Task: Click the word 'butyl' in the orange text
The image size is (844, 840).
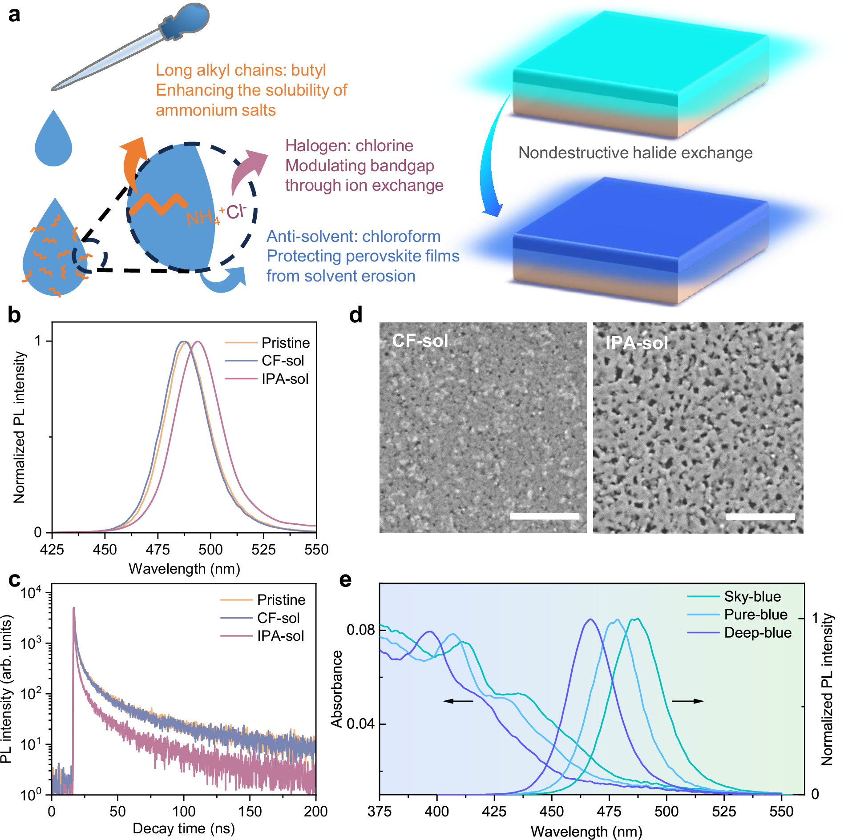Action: click(308, 70)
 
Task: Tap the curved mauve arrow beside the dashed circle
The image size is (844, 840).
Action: click(247, 171)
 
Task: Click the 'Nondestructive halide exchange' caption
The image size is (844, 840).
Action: click(635, 153)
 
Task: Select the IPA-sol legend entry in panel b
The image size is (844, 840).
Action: click(285, 379)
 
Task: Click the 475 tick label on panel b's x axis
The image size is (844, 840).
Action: click(157, 550)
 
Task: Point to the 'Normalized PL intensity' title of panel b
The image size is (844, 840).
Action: click(19, 427)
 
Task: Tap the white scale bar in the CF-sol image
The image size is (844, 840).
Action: click(544, 516)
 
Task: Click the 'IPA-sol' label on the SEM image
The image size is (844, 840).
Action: click(636, 343)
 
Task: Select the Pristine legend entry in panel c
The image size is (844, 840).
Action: click(281, 600)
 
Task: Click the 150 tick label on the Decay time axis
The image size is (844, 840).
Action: click(250, 812)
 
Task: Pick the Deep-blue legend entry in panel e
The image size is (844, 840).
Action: click(757, 633)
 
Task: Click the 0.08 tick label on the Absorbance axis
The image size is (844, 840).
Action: click(360, 630)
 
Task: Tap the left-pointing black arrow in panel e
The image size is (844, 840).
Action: click(458, 701)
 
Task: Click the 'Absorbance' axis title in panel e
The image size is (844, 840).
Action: click(337, 689)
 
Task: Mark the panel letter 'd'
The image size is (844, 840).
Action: click(355, 315)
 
